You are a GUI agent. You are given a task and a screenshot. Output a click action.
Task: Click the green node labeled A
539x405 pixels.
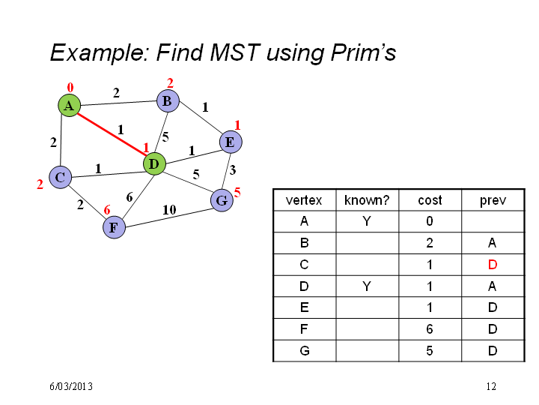69,106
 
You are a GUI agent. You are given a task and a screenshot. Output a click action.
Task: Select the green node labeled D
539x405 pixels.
154,164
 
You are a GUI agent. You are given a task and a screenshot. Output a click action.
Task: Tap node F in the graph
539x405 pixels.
114,227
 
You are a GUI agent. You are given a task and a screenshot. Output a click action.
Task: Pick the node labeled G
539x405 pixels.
222,200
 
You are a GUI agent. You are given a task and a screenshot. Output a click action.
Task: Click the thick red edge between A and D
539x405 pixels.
112,134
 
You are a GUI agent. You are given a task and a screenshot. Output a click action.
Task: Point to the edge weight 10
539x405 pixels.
169,210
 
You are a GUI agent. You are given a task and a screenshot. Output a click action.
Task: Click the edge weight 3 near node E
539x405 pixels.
233,169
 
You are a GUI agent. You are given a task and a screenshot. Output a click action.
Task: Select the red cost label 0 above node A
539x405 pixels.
70,88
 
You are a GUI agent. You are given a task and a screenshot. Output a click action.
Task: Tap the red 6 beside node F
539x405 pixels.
107,210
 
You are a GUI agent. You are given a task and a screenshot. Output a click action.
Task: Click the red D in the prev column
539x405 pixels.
493,265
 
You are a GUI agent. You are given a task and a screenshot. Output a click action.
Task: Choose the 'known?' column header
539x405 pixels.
367,200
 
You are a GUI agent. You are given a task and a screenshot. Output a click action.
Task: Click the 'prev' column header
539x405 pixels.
493,200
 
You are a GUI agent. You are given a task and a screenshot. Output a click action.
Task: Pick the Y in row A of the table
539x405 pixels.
367,221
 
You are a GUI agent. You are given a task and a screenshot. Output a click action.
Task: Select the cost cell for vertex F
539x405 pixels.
430,329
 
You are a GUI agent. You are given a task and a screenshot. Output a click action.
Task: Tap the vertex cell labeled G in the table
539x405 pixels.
305,351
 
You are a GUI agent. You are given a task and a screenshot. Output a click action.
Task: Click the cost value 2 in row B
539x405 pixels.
430,243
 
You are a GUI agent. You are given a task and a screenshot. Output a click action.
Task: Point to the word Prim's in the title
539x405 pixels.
363,53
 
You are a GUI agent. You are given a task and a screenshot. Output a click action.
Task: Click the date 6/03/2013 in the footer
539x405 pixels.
71,386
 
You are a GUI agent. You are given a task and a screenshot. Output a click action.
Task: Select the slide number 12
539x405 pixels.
491,386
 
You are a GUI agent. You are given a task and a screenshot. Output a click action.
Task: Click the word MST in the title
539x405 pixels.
235,52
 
